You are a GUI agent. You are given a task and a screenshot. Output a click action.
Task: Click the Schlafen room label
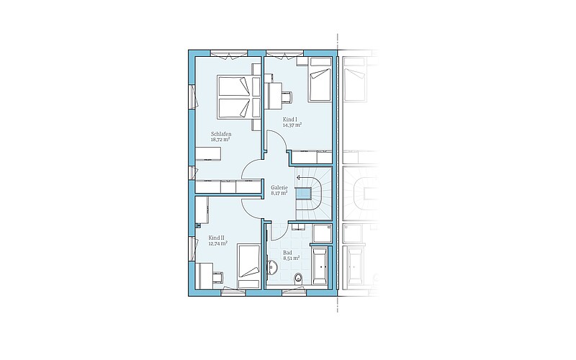(221, 134)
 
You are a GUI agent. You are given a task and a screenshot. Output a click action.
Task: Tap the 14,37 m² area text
(292, 125)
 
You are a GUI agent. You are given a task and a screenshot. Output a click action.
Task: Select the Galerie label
(279, 187)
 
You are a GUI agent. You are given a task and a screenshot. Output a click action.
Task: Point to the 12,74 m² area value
(218, 243)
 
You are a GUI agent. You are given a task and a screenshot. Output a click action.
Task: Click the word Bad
(287, 253)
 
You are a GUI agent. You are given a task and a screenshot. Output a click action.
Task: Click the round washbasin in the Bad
(272, 267)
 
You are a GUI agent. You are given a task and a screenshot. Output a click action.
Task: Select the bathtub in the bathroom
(320, 266)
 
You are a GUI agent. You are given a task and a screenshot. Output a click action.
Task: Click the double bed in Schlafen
(235, 96)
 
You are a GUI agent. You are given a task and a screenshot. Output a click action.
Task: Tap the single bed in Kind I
(319, 79)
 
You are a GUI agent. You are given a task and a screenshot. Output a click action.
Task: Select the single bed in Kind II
(248, 266)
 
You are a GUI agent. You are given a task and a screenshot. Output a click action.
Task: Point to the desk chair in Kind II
(217, 276)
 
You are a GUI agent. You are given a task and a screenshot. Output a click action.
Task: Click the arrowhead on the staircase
(298, 177)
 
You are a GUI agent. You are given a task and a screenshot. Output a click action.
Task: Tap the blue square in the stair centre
(304, 193)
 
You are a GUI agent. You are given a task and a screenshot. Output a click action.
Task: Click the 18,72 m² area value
(220, 140)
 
